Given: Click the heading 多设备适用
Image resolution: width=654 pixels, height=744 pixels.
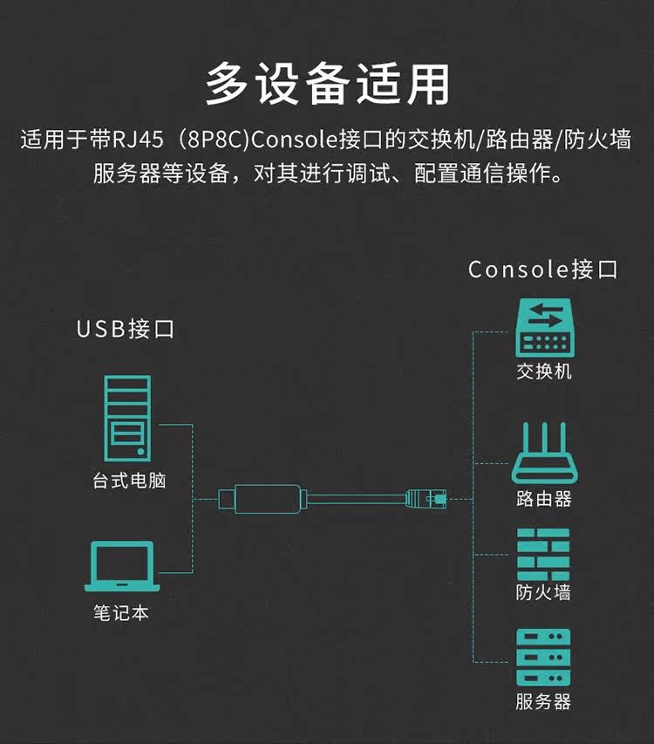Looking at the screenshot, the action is (x=327, y=84).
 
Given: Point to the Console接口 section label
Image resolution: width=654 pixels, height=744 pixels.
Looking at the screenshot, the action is (x=542, y=269).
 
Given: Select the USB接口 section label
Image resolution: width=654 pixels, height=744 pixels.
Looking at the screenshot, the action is (x=126, y=329).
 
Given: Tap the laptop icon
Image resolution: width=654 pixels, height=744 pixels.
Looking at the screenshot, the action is (x=121, y=567).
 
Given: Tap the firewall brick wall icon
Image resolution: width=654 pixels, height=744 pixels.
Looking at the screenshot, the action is (x=542, y=555).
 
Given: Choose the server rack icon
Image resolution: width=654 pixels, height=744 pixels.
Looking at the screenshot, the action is (x=542, y=656).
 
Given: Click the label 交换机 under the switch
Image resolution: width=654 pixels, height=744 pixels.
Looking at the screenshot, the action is (x=543, y=371).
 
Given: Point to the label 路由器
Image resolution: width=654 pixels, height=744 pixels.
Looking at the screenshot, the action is (x=542, y=499).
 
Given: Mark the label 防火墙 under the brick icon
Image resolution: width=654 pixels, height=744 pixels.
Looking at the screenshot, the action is (x=542, y=593).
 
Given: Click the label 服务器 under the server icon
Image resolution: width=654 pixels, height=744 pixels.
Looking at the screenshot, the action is (x=542, y=701).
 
